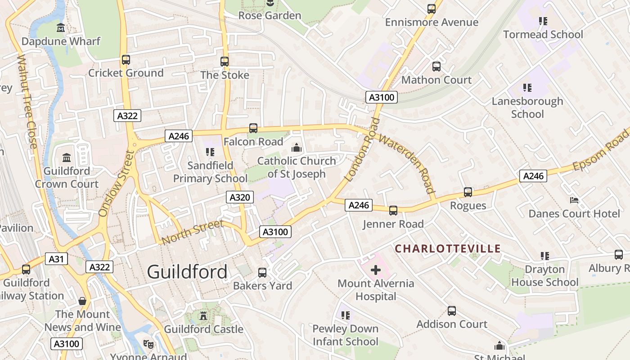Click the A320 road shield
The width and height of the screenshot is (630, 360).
click(240, 197)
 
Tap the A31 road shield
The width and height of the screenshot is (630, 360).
click(56, 259)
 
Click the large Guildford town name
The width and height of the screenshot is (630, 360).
click(187, 272)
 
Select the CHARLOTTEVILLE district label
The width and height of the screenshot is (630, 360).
click(448, 248)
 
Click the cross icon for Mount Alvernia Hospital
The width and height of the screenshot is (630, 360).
click(376, 270)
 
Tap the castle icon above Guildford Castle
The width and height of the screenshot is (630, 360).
click(203, 316)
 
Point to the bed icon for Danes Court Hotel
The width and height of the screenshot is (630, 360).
click(574, 200)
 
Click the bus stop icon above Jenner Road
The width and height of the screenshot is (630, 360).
click(393, 210)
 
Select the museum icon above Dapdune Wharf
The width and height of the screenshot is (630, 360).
click(61, 28)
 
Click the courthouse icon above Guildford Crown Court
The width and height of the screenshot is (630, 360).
click(67, 157)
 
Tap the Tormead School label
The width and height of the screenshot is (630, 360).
click(543, 35)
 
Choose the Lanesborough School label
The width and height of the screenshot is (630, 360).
click(527, 108)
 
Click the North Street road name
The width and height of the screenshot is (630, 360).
click(192, 232)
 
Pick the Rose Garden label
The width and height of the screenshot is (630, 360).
click(270, 16)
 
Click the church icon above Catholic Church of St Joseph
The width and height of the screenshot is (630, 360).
click(296, 148)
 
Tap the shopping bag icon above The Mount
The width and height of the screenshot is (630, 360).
click(82, 301)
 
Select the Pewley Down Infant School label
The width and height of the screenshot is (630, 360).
click(346, 335)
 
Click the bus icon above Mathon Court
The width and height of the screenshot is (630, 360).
click(436, 67)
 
